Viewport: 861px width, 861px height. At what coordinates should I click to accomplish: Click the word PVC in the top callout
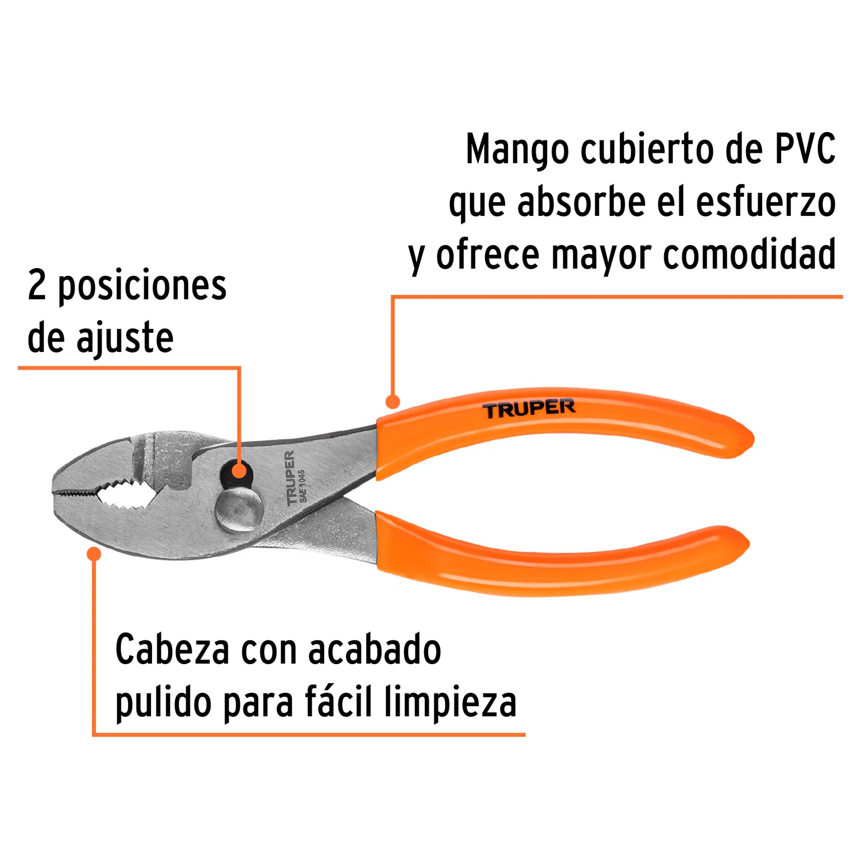(x=805, y=149)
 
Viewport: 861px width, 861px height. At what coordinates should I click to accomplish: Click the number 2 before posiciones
(x=37, y=285)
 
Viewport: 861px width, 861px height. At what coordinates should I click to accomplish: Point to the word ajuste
(x=125, y=339)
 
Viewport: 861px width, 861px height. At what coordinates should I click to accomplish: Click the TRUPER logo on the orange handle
(x=529, y=409)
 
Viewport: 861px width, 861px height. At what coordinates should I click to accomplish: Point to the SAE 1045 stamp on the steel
(x=302, y=486)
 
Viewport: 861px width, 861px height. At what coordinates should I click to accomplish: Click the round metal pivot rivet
(x=239, y=509)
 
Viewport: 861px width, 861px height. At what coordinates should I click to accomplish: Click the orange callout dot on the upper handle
(x=393, y=401)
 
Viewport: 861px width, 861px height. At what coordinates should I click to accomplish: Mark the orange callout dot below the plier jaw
(x=94, y=554)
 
